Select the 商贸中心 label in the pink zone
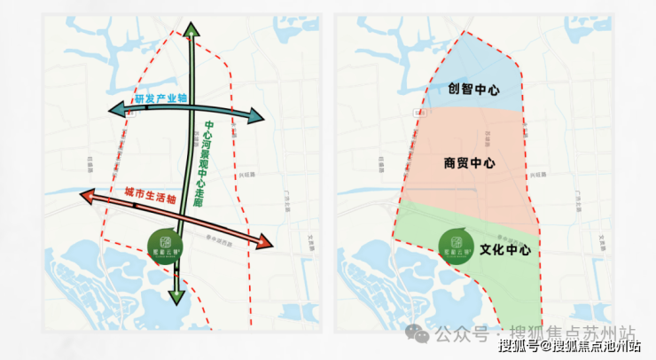click(x=469, y=164)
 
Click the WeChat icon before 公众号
click(x=417, y=334)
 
